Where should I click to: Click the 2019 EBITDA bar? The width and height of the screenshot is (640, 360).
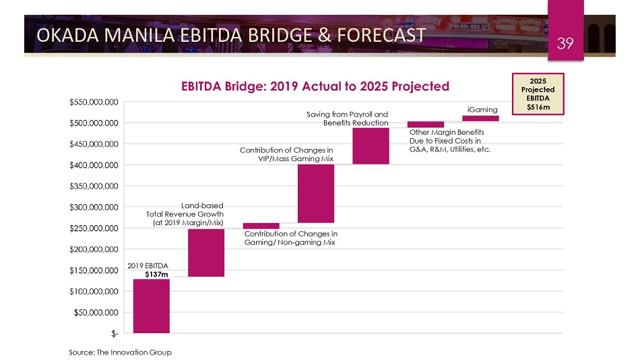tap(151, 305)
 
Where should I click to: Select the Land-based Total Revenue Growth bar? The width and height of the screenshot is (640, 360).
tap(206, 252)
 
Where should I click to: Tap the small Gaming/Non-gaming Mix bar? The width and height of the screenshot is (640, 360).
tap(261, 226)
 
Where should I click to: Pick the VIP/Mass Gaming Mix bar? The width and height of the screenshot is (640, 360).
tap(316, 193)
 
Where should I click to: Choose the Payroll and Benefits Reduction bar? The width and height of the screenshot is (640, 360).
tap(371, 146)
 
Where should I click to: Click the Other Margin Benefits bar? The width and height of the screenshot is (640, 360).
tap(425, 124)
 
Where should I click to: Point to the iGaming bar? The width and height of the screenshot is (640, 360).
tap(480, 119)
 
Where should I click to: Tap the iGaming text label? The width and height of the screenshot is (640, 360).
tap(482, 109)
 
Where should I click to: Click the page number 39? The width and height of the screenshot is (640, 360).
tap(565, 44)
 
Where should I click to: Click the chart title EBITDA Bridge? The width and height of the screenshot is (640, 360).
tap(314, 86)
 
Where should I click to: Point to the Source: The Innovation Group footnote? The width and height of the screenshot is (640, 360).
tap(120, 352)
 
